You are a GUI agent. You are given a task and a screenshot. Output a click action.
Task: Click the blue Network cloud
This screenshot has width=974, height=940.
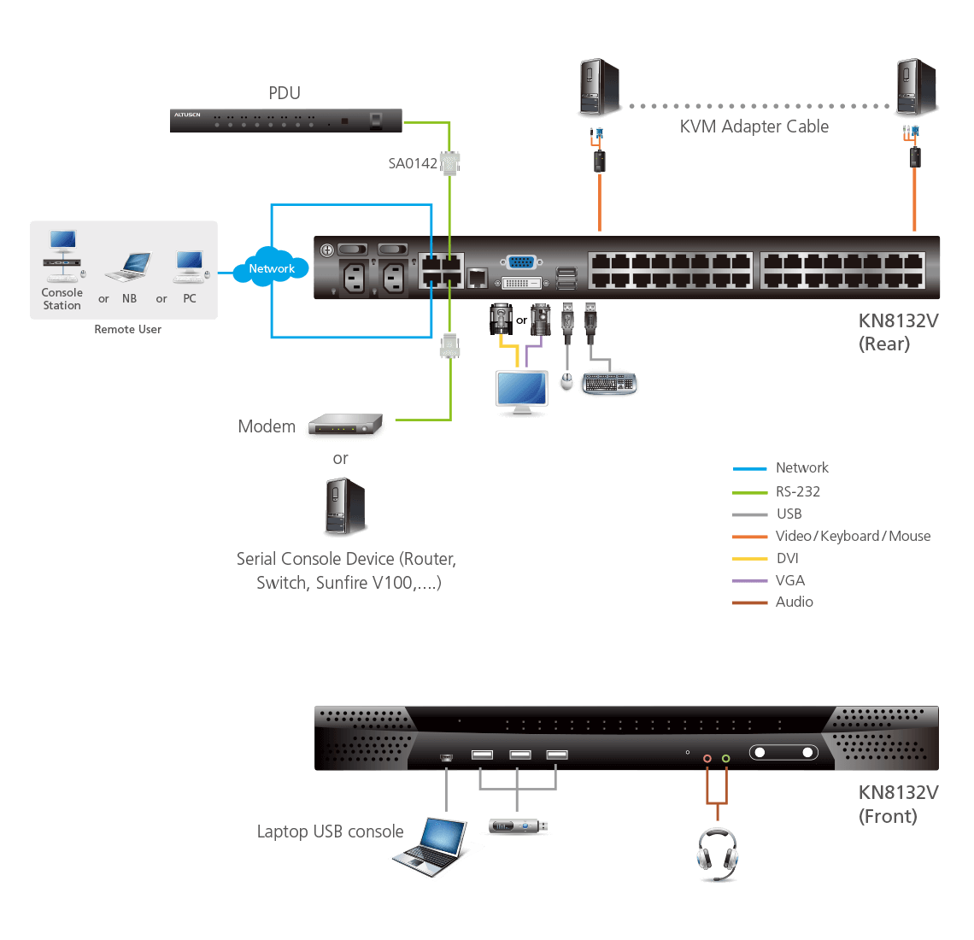(272, 267)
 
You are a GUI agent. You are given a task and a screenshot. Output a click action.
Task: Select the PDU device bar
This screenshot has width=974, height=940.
(285, 120)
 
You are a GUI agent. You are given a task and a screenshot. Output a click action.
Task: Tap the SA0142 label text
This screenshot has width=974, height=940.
(413, 163)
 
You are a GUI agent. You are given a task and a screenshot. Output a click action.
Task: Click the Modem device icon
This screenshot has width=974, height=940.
(345, 426)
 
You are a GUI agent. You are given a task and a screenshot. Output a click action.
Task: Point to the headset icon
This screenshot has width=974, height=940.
(717, 853)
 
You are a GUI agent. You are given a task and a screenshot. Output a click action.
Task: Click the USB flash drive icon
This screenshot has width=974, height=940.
(519, 826)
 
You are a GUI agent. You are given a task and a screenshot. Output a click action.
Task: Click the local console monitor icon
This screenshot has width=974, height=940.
(522, 392)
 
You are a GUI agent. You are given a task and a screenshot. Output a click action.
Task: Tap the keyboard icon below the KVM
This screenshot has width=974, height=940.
(609, 383)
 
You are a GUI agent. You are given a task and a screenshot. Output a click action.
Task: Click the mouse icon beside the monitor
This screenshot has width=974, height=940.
(566, 381)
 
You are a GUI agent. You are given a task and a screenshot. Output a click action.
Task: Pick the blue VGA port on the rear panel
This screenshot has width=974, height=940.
(520, 263)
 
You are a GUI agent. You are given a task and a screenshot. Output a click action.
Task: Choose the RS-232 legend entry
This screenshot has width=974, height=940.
(797, 491)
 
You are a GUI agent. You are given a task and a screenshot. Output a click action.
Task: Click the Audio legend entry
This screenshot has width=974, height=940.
(794, 602)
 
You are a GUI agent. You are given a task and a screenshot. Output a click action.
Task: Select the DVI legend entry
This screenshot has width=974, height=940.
(787, 558)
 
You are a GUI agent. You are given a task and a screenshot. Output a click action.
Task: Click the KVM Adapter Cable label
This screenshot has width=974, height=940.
(754, 126)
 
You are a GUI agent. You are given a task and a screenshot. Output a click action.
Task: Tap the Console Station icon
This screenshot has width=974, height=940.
(62, 256)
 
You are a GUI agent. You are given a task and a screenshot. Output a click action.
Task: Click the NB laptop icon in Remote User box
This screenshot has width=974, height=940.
(128, 267)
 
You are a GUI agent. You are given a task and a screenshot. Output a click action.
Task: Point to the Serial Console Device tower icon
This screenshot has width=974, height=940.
(345, 507)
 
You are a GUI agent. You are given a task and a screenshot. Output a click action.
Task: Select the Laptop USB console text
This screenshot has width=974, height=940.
(330, 831)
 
